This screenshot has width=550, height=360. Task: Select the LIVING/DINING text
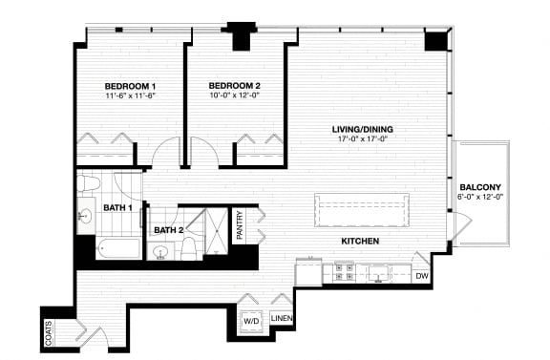(x=363, y=129)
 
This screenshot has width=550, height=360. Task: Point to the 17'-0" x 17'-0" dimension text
(x=363, y=139)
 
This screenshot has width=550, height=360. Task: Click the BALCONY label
(x=480, y=186)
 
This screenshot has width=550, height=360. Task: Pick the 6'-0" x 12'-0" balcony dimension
(x=480, y=197)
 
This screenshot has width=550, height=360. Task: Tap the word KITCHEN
(x=361, y=242)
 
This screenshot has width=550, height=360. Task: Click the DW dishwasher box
(x=422, y=276)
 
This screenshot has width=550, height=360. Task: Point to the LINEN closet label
(x=281, y=318)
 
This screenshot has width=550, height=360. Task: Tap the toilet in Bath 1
(x=89, y=182)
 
